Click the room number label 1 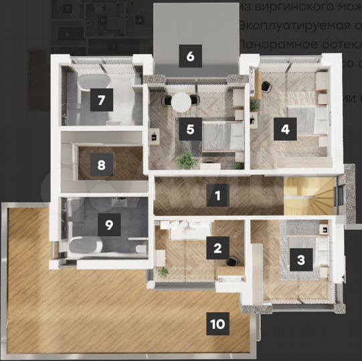tap(216, 196)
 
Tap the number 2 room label tap(216, 249)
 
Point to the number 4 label tap(285, 129)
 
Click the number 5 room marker tap(190, 129)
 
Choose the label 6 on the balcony tap(190, 56)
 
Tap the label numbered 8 tap(102, 164)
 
